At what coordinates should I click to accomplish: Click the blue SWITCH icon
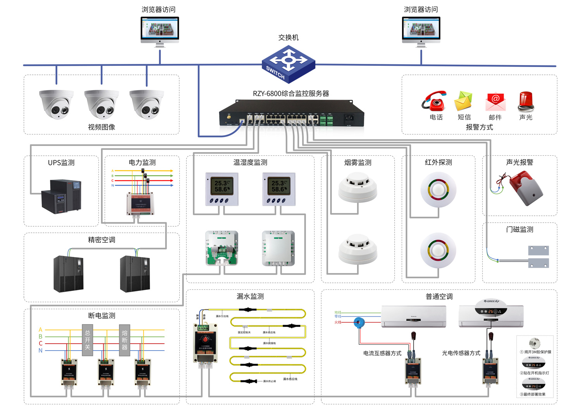(288, 64)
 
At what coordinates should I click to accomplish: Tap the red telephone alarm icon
(435, 101)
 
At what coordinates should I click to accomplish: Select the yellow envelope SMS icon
(464, 101)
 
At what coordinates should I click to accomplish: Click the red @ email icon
(495, 101)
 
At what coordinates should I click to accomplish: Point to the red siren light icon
(526, 101)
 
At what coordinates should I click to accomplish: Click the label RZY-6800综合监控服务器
(290, 94)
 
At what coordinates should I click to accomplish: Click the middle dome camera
(101, 104)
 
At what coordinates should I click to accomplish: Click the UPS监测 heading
(61, 163)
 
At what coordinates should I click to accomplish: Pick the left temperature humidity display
(222, 189)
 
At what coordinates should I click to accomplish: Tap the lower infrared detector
(438, 250)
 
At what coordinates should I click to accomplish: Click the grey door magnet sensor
(538, 256)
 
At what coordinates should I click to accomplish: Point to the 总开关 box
(88, 340)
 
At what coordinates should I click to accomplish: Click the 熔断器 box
(124, 340)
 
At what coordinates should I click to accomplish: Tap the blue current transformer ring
(359, 322)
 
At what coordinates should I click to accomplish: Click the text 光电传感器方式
(461, 353)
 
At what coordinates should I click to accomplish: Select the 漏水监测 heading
(250, 296)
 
